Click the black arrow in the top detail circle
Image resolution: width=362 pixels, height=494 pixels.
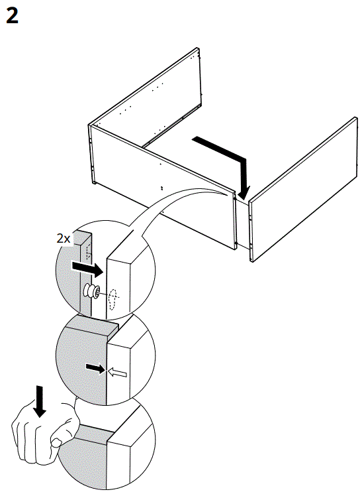coord(86,269)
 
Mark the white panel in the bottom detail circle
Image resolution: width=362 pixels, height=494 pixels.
coord(132,458)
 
